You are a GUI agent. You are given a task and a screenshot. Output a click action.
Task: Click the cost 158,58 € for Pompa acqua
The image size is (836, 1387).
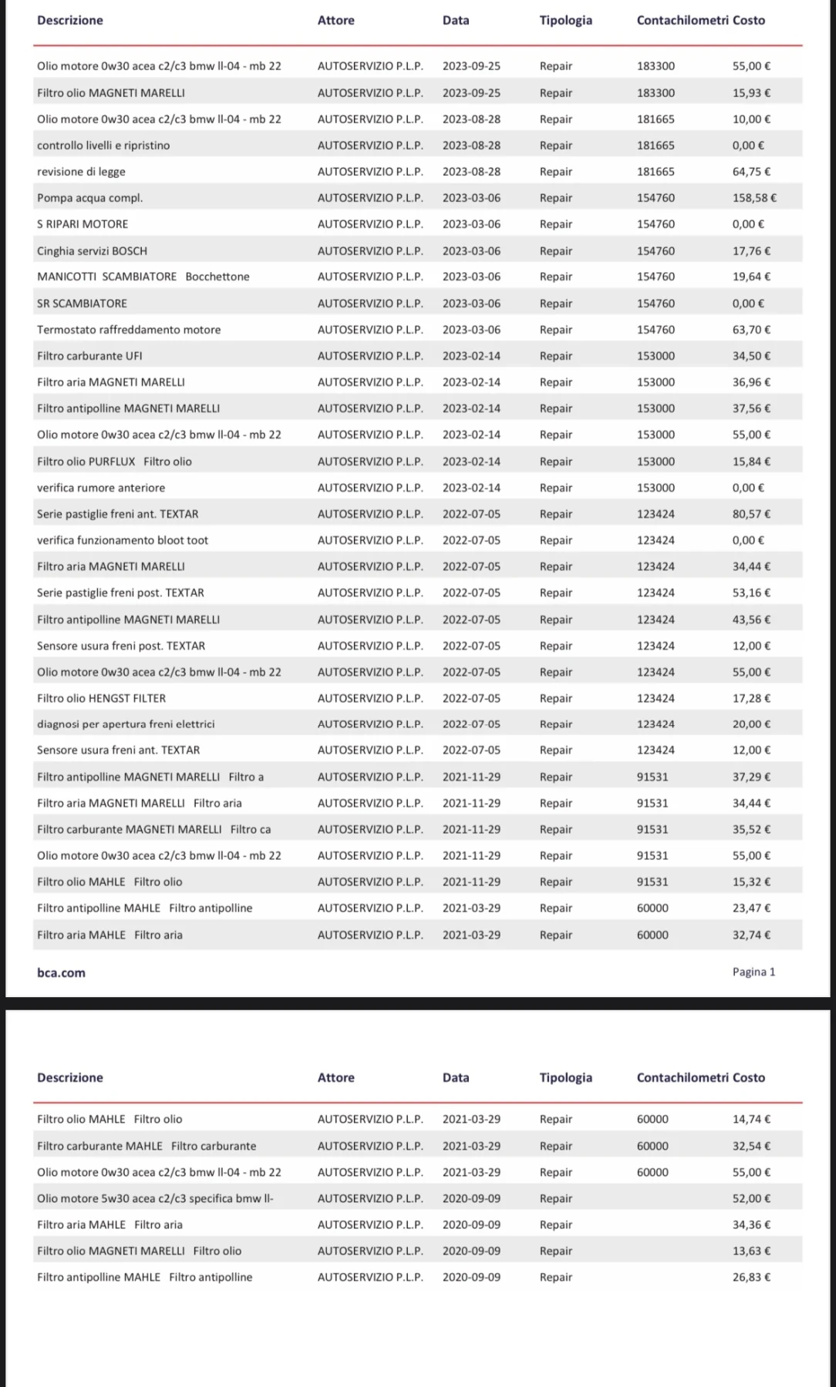tap(753, 198)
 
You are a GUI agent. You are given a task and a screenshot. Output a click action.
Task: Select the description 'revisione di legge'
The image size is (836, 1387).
tap(81, 172)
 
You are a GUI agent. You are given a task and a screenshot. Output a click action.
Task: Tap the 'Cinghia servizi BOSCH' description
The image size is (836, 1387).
tap(92, 251)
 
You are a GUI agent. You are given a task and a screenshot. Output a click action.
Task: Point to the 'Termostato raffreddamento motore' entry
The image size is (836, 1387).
tap(129, 330)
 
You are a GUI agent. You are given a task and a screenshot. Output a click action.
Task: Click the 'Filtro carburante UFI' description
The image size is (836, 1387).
tap(89, 356)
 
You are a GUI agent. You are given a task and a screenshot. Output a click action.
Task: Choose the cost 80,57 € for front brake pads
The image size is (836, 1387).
tap(750, 514)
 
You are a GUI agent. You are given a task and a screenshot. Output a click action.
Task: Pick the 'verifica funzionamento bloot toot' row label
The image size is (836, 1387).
tap(123, 540)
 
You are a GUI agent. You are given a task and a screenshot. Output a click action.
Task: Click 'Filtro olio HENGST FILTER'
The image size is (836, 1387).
tap(101, 698)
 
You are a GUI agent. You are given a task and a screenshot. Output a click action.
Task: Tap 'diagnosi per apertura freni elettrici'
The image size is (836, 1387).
tap(126, 724)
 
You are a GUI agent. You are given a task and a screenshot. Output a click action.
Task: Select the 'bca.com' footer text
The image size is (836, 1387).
tap(61, 972)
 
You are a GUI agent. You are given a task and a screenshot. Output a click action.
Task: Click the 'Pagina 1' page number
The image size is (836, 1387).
tap(753, 972)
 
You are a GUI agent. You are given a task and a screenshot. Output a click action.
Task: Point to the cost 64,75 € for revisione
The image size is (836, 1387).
tap(750, 172)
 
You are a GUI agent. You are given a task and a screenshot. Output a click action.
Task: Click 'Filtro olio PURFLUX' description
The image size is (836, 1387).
tap(114, 462)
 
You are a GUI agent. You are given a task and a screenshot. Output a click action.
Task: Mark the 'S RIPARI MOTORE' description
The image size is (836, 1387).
tap(83, 224)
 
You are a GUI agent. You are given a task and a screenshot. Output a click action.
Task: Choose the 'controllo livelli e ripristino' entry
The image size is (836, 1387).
tap(103, 146)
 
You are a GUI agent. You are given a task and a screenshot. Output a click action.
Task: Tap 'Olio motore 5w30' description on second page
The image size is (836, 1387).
tap(155, 1198)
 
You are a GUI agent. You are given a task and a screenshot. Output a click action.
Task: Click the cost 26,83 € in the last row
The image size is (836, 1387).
tap(750, 1277)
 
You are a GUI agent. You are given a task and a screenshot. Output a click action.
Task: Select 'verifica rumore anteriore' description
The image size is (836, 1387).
tap(101, 488)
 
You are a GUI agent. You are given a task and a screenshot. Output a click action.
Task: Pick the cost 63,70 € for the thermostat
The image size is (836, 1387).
tap(750, 330)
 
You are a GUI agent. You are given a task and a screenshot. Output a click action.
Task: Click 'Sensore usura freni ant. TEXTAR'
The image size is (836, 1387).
tap(118, 750)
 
